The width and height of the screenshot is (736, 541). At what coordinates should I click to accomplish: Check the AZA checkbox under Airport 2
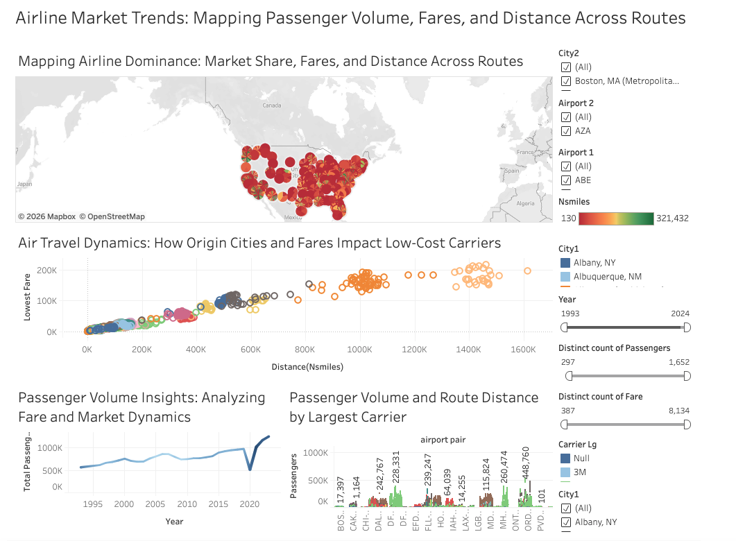click(566, 130)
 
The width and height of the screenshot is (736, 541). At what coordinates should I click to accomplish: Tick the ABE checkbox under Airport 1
click(566, 180)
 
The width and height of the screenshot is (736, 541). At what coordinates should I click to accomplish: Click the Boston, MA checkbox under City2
click(566, 81)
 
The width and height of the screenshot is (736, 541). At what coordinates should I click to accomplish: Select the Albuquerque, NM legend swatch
click(565, 276)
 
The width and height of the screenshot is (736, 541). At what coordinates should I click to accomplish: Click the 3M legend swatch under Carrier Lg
click(565, 472)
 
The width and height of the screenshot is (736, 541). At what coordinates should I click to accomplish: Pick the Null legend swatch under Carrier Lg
click(565, 458)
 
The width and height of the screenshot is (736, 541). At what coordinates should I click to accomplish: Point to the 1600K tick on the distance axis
click(523, 350)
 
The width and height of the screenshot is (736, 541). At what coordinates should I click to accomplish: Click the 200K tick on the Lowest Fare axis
click(47, 269)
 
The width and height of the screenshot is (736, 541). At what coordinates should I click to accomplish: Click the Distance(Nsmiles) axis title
click(309, 366)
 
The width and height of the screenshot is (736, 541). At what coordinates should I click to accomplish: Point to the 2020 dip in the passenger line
click(250, 470)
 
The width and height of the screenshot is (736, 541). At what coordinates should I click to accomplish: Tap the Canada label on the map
click(272, 105)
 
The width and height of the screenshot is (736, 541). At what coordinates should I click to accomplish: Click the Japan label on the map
click(25, 184)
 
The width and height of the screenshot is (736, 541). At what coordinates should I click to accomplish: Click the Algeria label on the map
click(525, 203)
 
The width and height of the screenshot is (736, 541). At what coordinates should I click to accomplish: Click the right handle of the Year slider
click(687, 327)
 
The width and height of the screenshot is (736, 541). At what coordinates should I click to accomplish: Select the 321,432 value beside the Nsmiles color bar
click(672, 218)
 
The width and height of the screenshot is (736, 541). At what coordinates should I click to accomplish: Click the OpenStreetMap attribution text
click(112, 216)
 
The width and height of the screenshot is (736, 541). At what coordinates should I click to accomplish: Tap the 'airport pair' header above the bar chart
click(443, 440)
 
